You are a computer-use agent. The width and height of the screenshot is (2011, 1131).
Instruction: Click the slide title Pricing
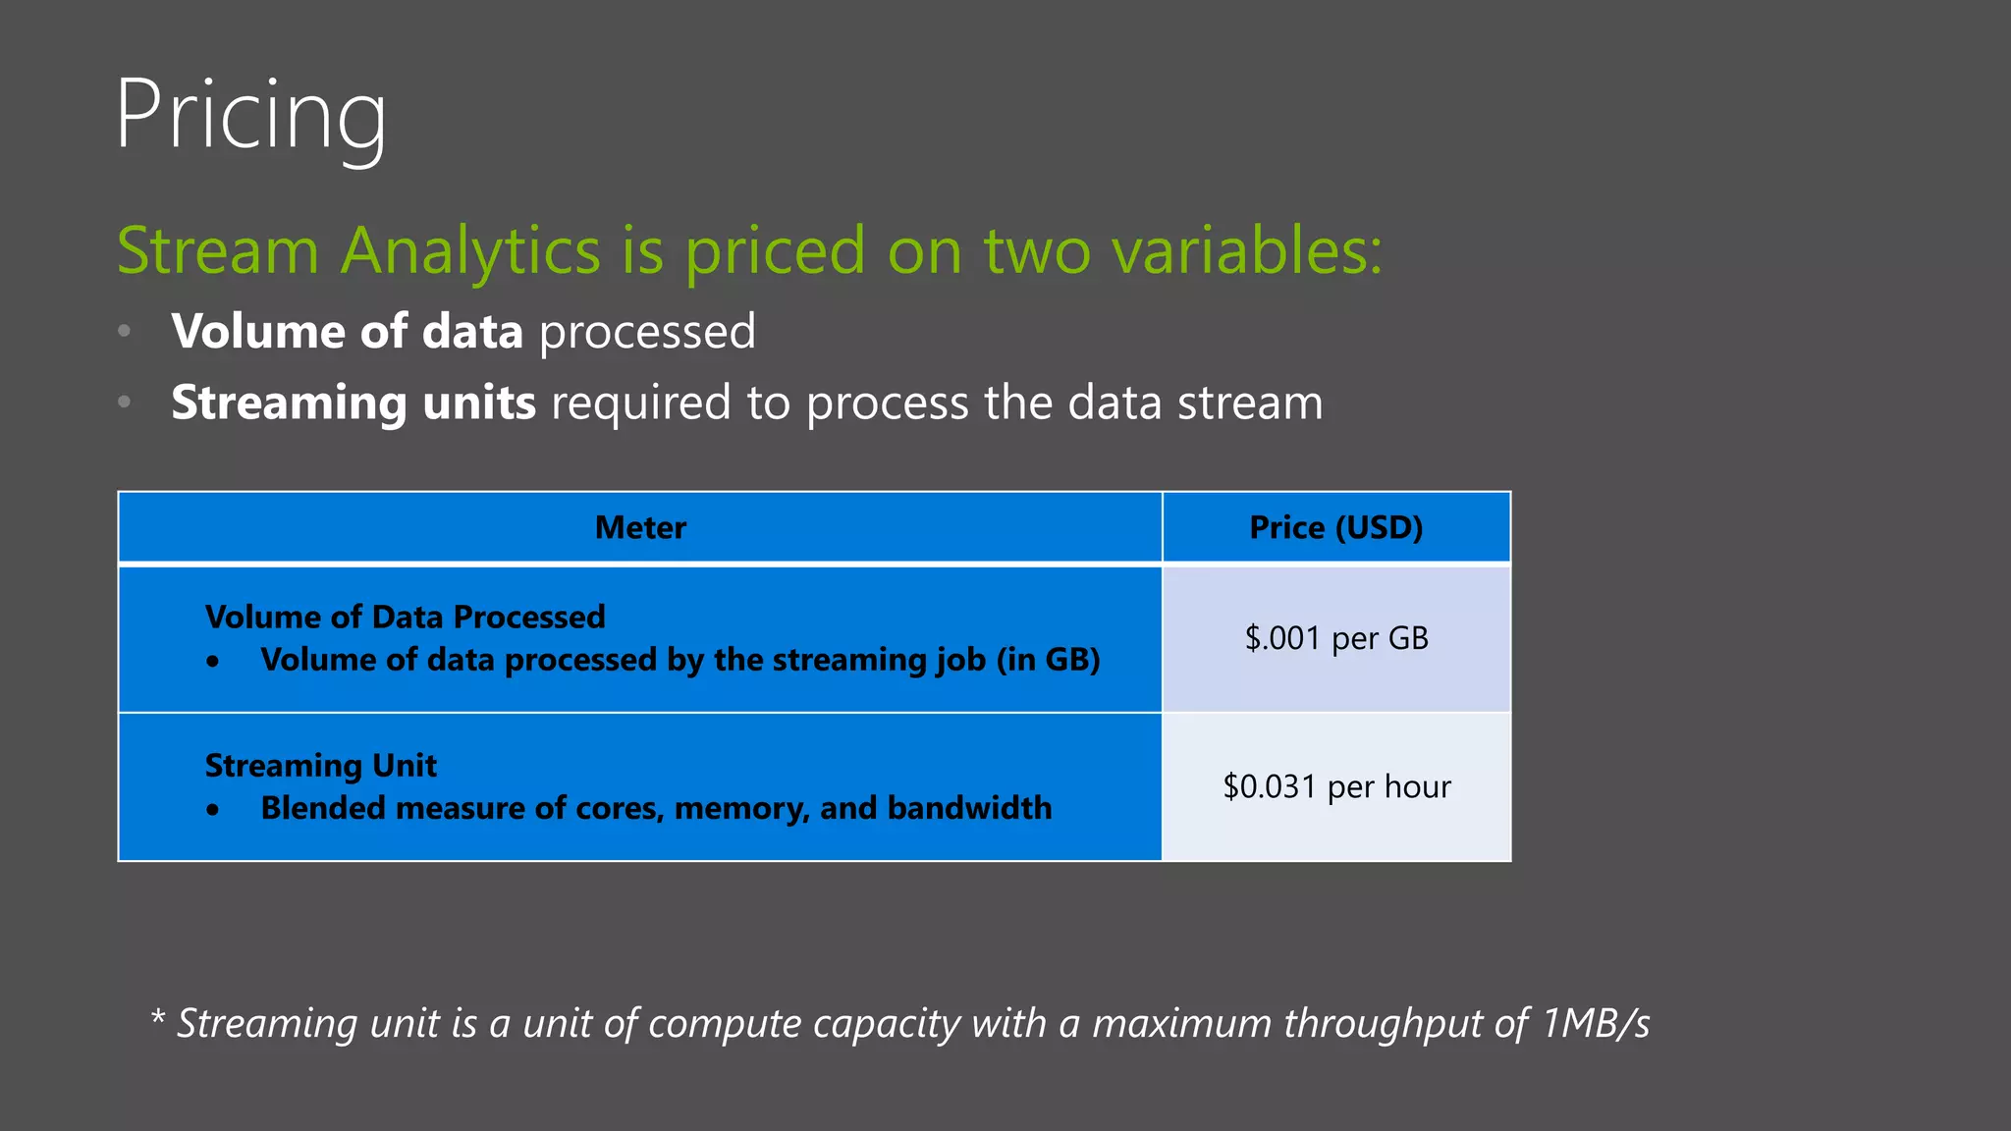pyautogui.click(x=250, y=116)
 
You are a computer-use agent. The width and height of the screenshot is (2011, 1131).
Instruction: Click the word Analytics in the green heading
pyautogui.click(x=470, y=250)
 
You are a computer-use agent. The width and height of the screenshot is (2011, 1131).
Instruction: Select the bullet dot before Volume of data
pyautogui.click(x=124, y=331)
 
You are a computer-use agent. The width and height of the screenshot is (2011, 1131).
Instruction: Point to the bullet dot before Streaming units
pyautogui.click(x=124, y=402)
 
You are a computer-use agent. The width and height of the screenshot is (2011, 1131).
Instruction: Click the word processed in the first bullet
pyautogui.click(x=647, y=332)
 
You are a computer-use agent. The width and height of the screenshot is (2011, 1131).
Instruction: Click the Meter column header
pyautogui.click(x=640, y=528)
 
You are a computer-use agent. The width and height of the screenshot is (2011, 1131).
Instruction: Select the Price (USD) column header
pyautogui.click(x=1335, y=528)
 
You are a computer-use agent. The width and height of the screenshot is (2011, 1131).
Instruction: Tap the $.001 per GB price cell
pyautogui.click(x=1335, y=639)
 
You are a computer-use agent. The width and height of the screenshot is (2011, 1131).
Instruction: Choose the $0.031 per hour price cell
pyautogui.click(x=1335, y=786)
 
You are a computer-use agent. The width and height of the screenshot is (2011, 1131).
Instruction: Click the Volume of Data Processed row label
pyautogui.click(x=405, y=617)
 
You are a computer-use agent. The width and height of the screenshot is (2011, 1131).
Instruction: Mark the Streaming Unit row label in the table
pyautogui.click(x=320, y=765)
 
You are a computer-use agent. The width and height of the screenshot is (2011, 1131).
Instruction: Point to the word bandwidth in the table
pyautogui.click(x=969, y=808)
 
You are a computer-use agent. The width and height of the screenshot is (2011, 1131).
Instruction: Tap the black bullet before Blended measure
pyautogui.click(x=213, y=810)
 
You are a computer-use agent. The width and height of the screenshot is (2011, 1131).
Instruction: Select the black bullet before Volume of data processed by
pyautogui.click(x=213, y=662)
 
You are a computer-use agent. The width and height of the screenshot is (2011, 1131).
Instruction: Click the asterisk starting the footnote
pyautogui.click(x=157, y=1017)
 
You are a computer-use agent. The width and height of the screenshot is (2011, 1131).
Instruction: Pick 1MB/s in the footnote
pyautogui.click(x=1596, y=1023)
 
